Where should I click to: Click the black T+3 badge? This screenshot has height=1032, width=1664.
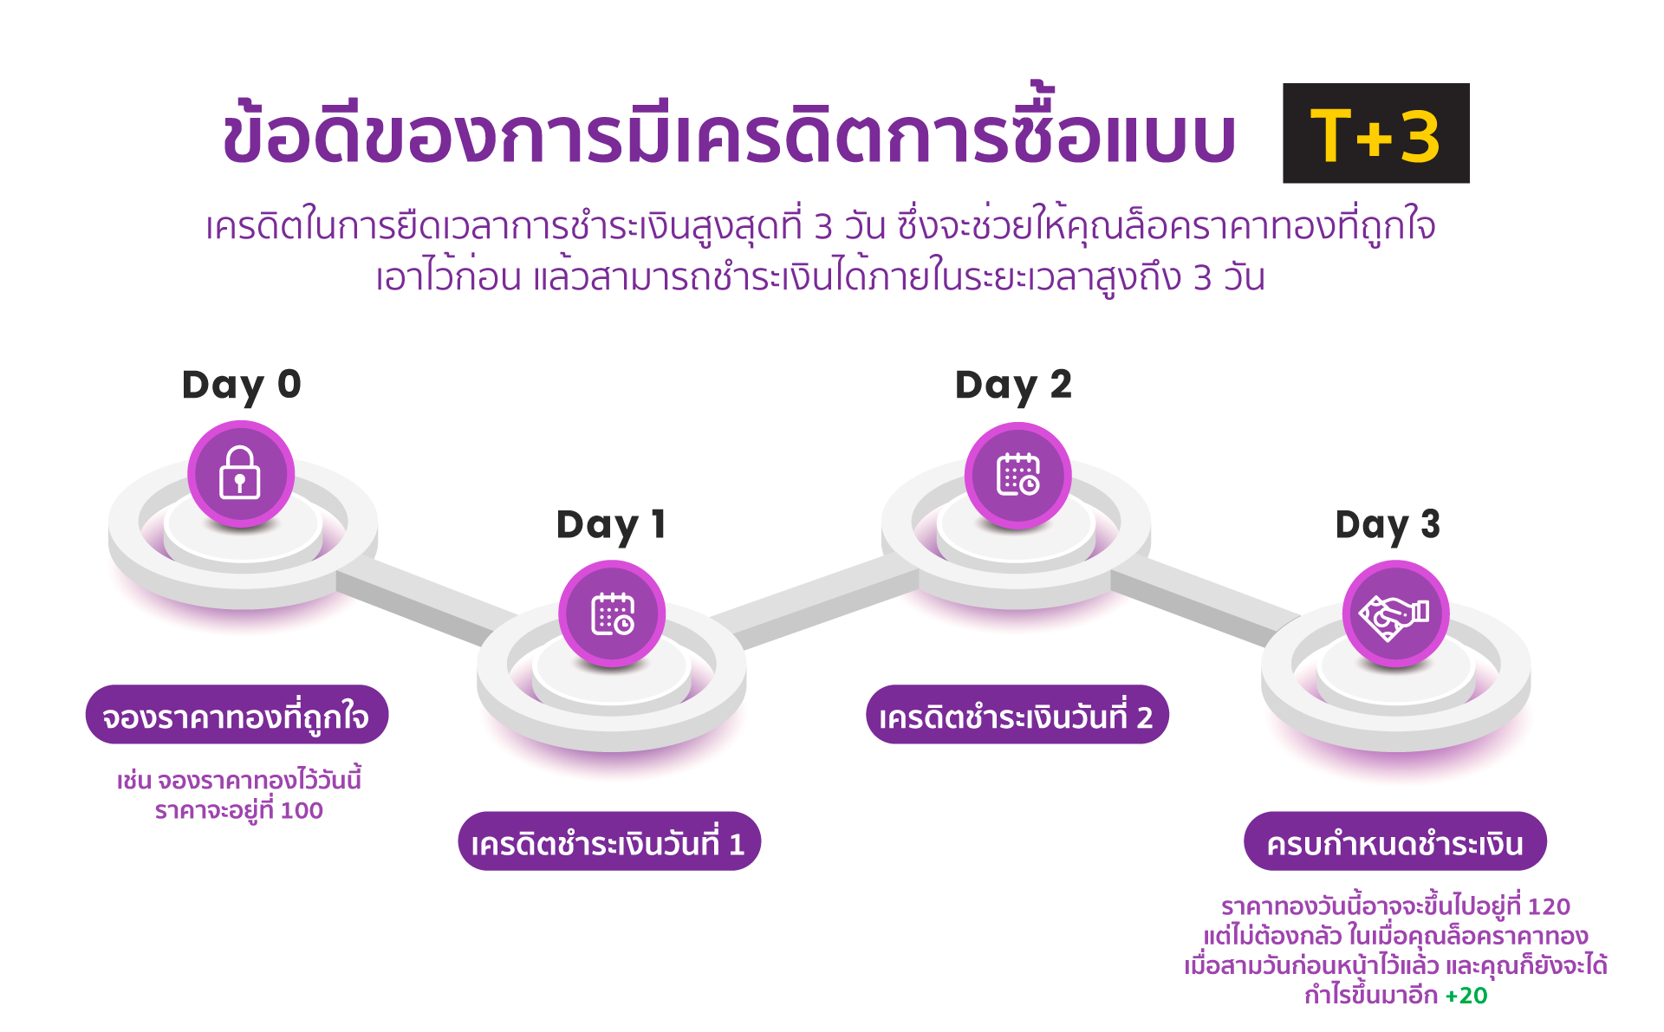click(x=1375, y=133)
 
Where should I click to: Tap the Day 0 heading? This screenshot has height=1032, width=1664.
click(x=241, y=386)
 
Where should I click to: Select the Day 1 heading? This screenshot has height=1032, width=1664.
click(x=611, y=526)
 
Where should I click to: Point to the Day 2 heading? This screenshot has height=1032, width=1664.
click(x=1013, y=386)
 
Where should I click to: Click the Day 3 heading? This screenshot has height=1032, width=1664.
click(x=1388, y=526)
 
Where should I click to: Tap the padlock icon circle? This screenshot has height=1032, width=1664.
click(x=241, y=474)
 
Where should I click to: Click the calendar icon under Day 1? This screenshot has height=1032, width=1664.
click(x=612, y=614)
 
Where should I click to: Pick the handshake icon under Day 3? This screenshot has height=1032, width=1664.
click(x=1395, y=614)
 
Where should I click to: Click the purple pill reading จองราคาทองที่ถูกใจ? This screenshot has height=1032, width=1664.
click(x=237, y=715)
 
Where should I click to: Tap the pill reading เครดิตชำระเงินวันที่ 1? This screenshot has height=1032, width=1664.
click(x=609, y=841)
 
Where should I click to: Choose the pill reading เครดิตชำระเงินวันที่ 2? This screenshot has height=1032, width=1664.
click(x=1017, y=715)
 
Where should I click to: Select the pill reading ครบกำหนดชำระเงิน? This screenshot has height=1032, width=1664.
click(x=1395, y=841)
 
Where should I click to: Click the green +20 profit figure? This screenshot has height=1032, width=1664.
click(x=1466, y=996)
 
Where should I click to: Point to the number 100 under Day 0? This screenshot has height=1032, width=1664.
click(x=302, y=811)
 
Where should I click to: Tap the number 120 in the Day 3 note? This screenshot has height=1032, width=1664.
click(x=1549, y=906)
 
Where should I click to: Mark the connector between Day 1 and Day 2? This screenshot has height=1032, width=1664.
click(x=815, y=603)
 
